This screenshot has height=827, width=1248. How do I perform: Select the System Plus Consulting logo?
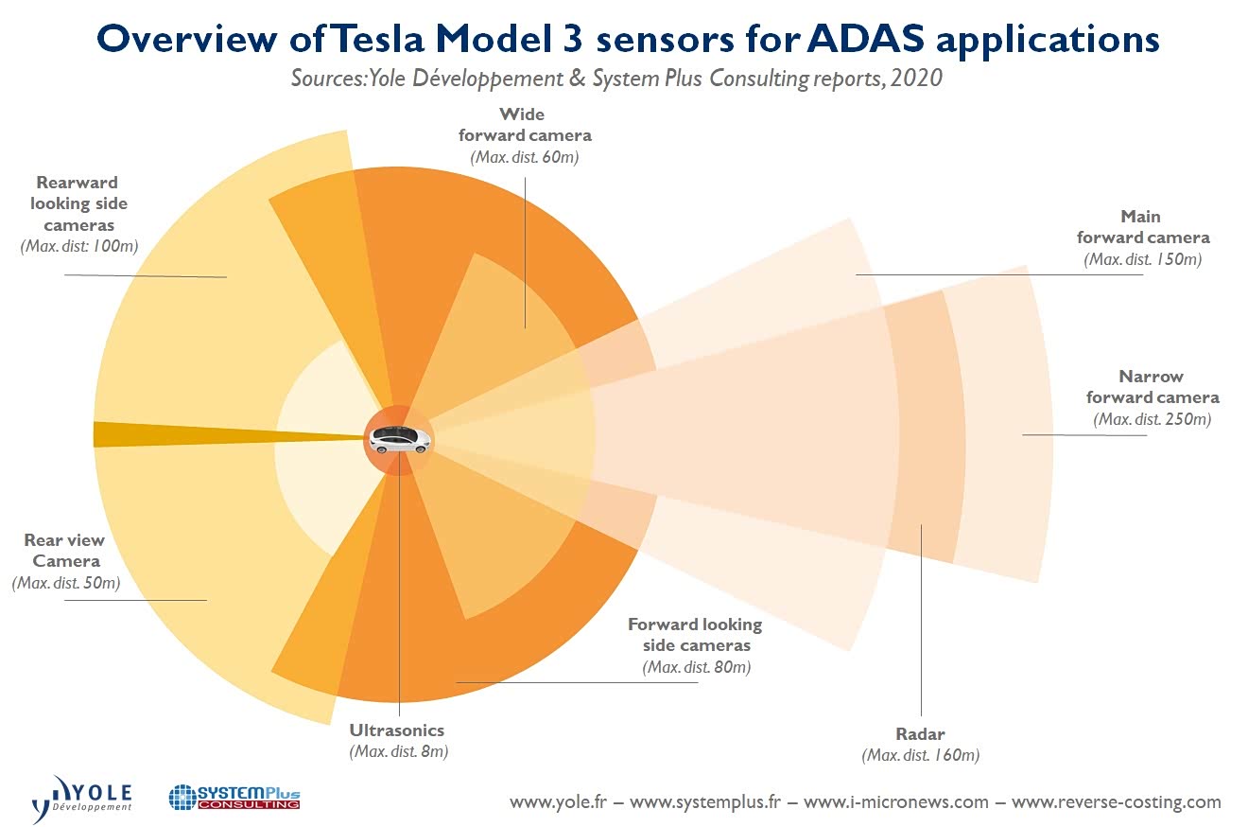click(234, 796)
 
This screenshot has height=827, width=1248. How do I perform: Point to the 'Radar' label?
click(920, 734)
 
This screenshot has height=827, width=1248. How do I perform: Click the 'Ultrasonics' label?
click(396, 730)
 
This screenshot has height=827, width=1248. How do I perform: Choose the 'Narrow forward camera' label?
click(1152, 387)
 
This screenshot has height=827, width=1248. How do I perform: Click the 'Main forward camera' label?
click(1142, 227)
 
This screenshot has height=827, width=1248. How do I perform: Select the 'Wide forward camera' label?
click(524, 125)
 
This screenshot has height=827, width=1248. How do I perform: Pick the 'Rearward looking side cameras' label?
click(78, 203)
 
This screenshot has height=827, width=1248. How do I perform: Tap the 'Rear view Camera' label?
click(64, 551)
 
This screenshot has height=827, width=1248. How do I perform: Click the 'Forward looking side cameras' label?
click(695, 635)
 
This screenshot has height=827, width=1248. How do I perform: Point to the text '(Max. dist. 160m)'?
click(920, 755)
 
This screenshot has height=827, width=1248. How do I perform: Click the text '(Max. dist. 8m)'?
click(397, 751)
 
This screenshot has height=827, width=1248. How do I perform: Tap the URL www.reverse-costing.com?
click(1116, 802)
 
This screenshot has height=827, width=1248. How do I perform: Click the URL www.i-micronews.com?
click(895, 802)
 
